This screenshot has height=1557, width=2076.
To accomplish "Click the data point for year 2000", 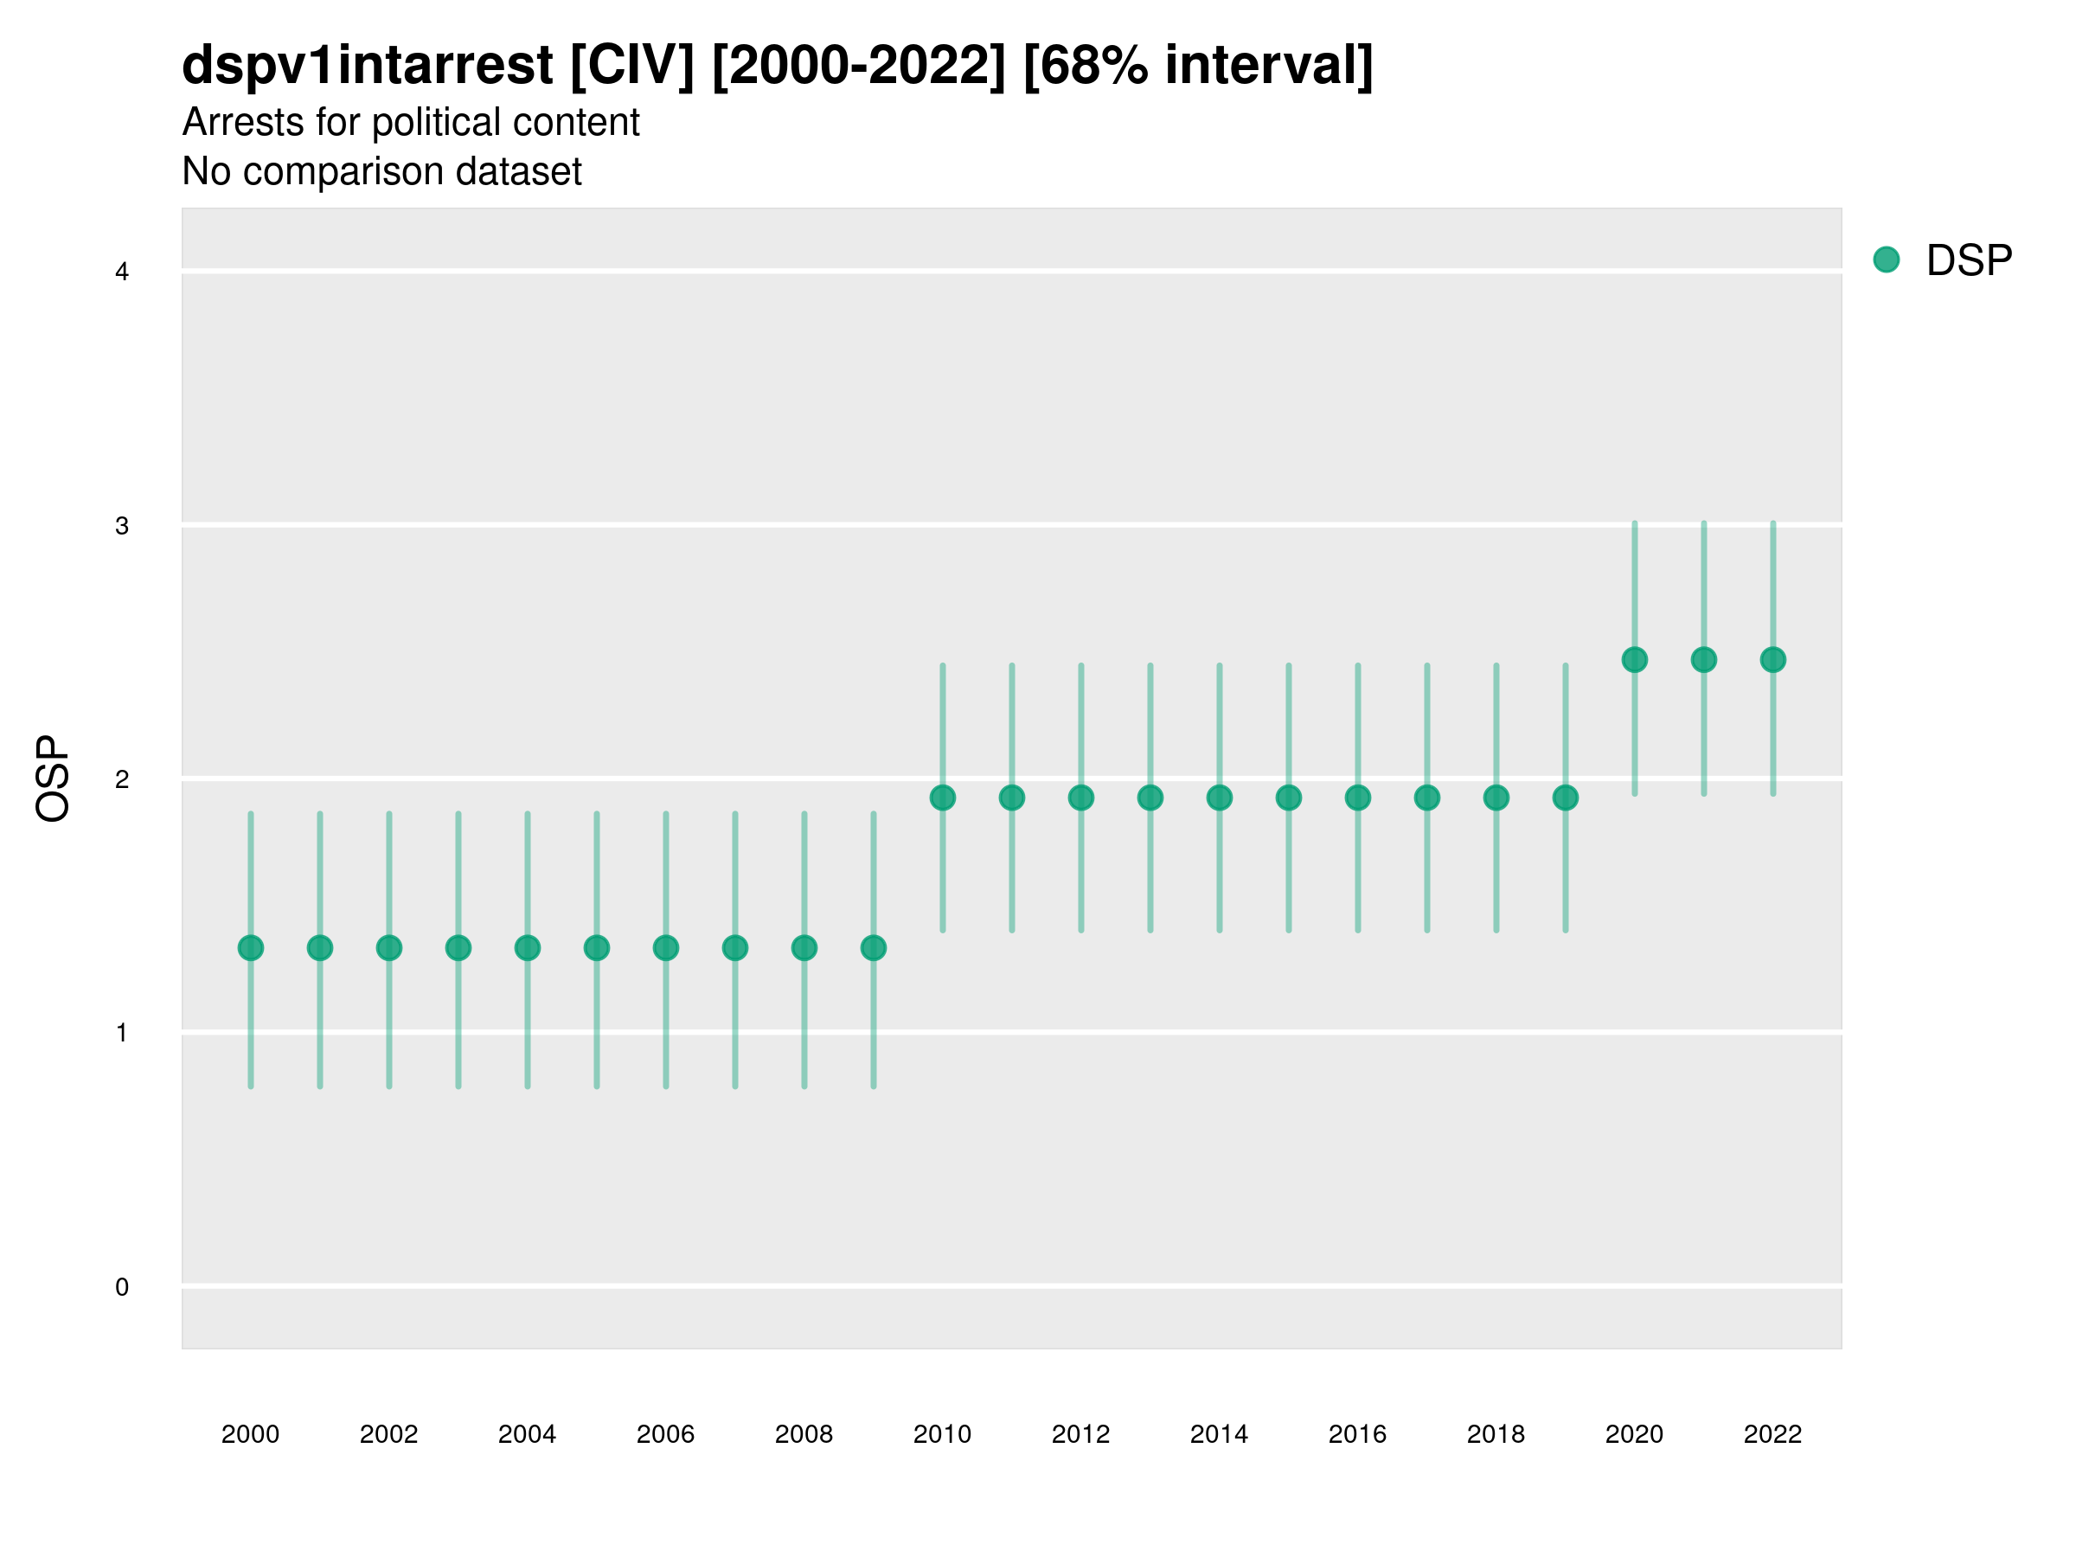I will tap(251, 948).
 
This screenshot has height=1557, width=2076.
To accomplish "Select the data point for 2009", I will tap(874, 948).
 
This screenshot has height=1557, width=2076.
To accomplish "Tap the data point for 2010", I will tap(942, 798).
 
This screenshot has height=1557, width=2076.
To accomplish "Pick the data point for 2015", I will tap(1289, 798).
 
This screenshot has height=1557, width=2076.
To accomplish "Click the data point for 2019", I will tap(1566, 798).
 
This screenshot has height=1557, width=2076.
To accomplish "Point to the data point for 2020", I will tap(1635, 660).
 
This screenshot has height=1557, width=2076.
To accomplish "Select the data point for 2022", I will tap(1773, 660).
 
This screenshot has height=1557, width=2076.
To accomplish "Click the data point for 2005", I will tap(597, 948).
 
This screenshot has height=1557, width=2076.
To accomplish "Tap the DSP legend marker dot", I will tap(1887, 260).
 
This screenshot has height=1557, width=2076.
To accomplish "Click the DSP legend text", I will tap(1969, 261).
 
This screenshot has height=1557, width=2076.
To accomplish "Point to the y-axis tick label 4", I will tap(122, 272).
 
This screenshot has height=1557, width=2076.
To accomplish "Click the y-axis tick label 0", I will tap(122, 1287).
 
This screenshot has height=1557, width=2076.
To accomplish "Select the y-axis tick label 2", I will tap(122, 780).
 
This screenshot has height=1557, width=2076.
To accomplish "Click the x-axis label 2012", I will tap(1080, 1434).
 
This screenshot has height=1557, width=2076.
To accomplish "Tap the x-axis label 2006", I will tap(665, 1434).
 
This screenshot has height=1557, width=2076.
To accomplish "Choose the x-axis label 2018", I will tap(1496, 1434).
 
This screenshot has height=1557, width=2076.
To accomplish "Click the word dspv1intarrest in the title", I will tap(367, 65).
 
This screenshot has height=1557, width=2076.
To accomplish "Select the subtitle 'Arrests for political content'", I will tap(411, 123).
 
